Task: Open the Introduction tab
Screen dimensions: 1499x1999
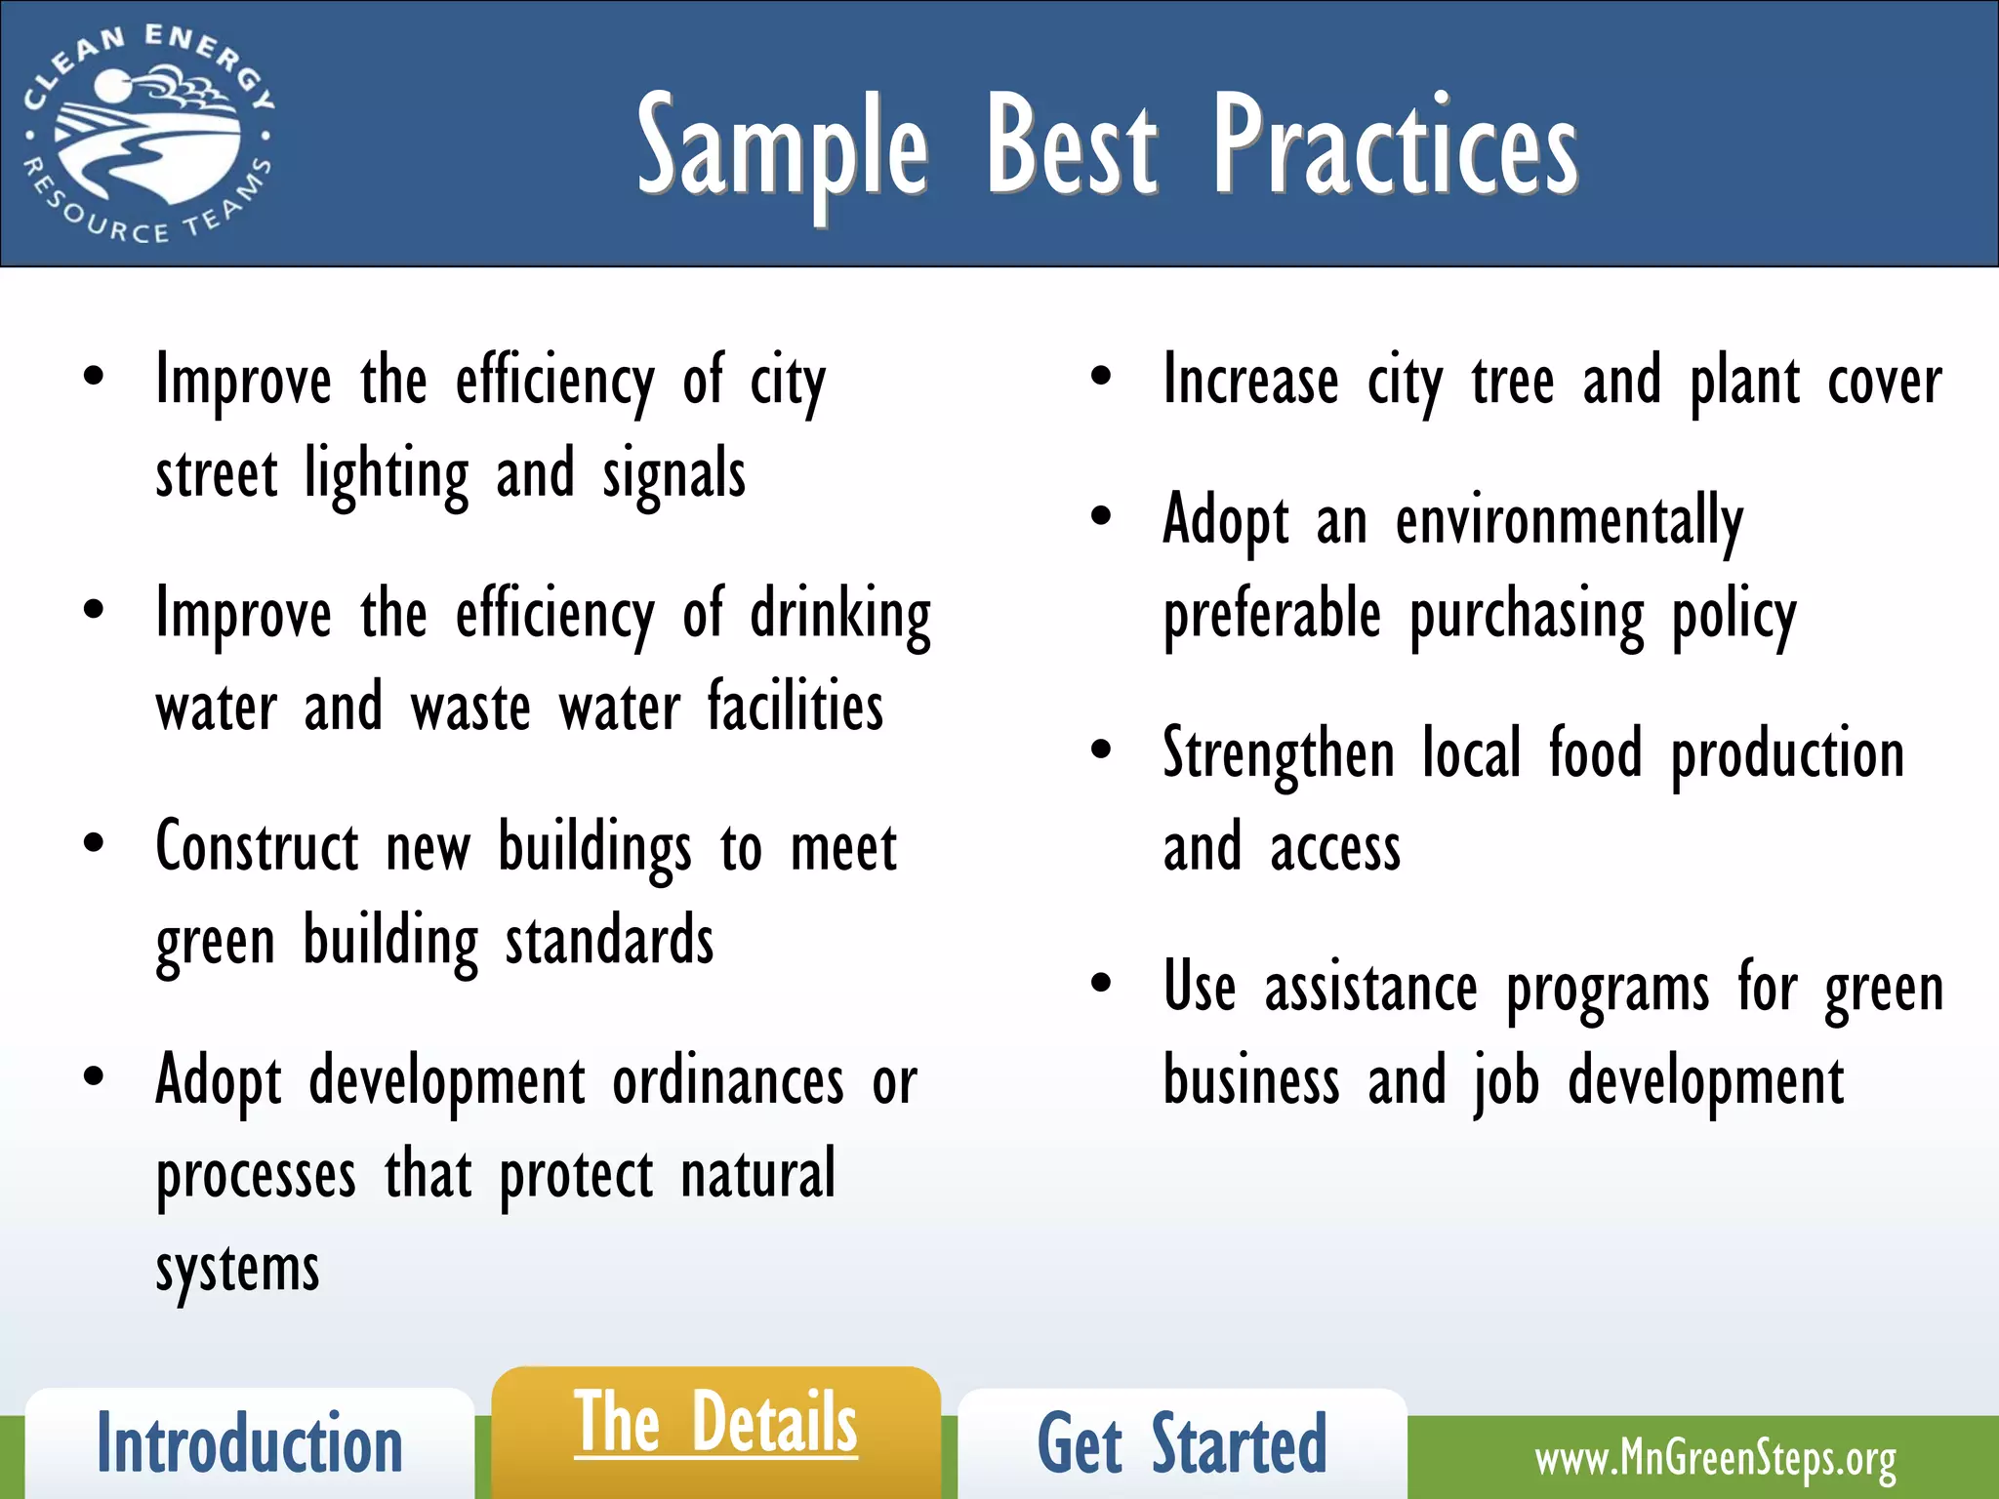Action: [250, 1444]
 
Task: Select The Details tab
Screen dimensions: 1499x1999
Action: [715, 1424]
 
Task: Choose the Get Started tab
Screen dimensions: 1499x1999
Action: [1182, 1444]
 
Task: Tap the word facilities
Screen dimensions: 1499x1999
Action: [795, 707]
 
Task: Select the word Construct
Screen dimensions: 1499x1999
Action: [257, 847]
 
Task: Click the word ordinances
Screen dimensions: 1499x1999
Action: [728, 1081]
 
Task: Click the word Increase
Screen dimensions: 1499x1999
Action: [1250, 381]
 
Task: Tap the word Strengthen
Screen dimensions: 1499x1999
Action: [1279, 755]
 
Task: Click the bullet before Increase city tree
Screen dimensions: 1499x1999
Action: [1101, 378]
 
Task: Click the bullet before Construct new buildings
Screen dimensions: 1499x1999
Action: [94, 843]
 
